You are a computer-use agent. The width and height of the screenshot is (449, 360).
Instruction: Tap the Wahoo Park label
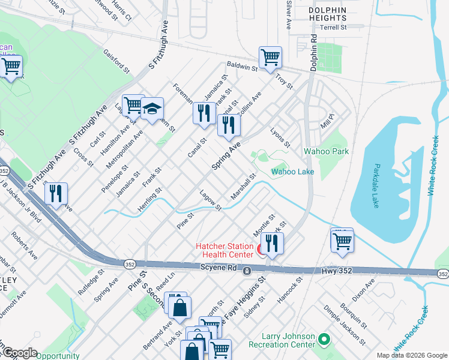pyautogui.click(x=326, y=152)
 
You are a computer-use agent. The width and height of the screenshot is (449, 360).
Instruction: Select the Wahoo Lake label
pyautogui.click(x=292, y=172)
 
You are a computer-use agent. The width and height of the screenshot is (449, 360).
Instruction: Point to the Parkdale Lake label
pyautogui.click(x=376, y=184)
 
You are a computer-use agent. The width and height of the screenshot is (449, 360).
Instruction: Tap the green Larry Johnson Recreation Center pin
pyautogui.click(x=325, y=340)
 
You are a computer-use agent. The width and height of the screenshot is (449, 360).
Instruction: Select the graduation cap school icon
pyautogui.click(x=152, y=109)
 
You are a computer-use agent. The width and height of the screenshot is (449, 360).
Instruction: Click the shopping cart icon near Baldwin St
pyautogui.click(x=270, y=58)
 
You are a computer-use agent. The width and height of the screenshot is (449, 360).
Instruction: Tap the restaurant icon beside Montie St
pyautogui.click(x=273, y=242)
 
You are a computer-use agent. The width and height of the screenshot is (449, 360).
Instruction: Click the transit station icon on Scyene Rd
pyautogui.click(x=247, y=272)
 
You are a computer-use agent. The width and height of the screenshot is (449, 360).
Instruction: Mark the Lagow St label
pyautogui.click(x=210, y=199)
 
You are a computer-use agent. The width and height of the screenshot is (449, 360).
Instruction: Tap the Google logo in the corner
pyautogui.click(x=19, y=353)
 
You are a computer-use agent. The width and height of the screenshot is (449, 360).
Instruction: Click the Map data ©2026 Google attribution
pyautogui.click(x=412, y=355)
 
